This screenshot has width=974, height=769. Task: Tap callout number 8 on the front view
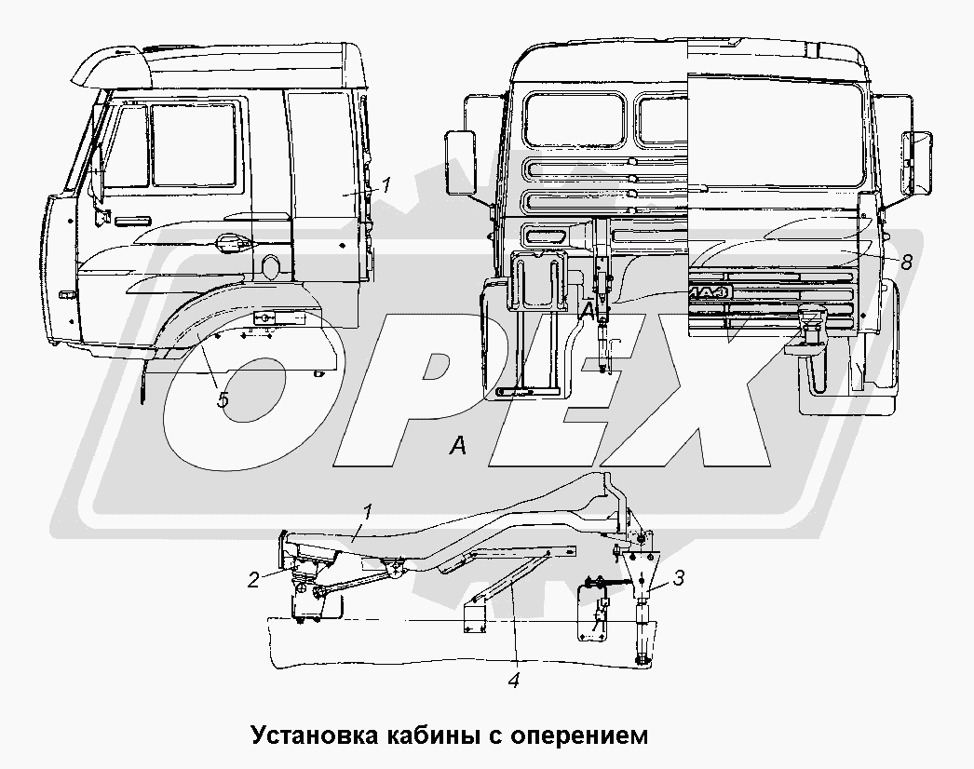906,263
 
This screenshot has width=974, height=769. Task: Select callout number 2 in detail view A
253,580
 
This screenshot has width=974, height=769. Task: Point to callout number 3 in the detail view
678,578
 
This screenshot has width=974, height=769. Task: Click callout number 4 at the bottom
513,681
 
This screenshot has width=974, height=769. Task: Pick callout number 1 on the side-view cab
386,184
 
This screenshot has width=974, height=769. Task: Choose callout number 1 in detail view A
367,512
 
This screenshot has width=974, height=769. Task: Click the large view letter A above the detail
458,445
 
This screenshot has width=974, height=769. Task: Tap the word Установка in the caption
316,735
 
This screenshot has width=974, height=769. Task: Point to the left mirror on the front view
460,162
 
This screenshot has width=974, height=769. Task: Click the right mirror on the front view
917,161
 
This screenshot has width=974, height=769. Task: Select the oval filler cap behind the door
272,266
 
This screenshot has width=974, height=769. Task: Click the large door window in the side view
194,144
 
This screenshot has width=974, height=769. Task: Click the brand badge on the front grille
710,292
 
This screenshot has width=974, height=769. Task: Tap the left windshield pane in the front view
575,119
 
